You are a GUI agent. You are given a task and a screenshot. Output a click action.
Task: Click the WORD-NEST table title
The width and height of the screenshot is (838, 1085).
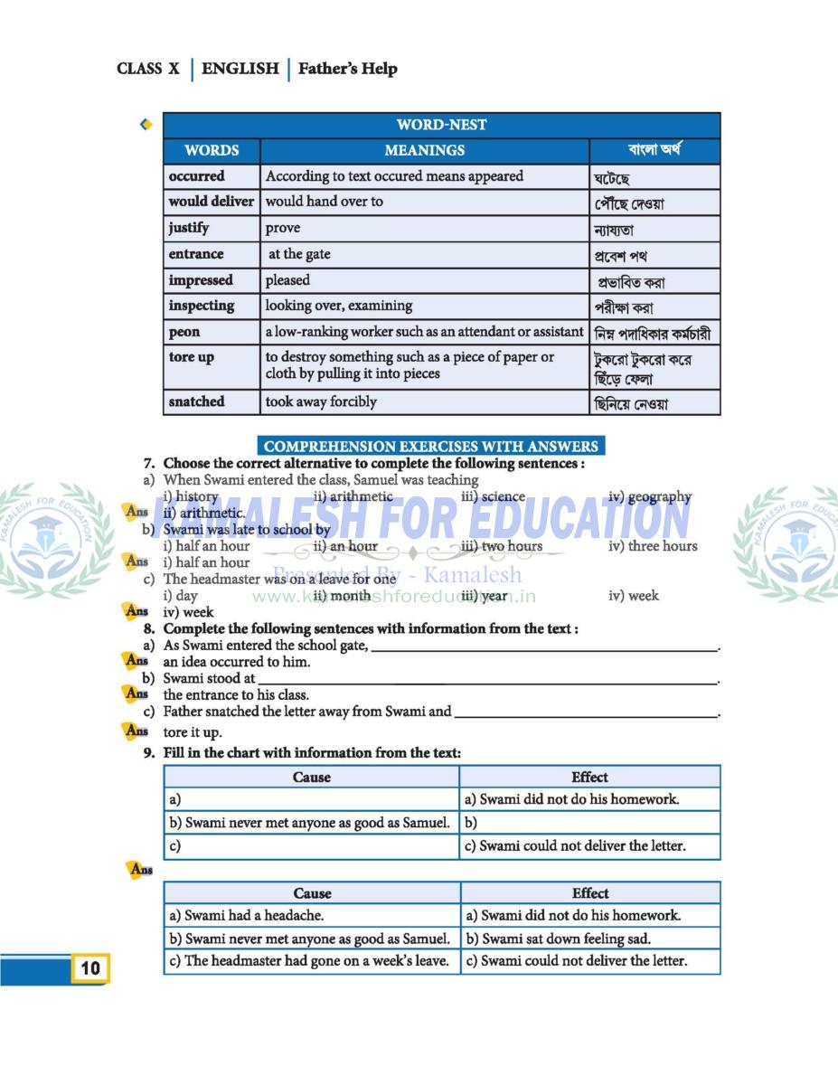tap(441, 125)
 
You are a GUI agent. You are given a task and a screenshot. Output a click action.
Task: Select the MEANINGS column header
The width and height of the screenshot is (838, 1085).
tap(424, 150)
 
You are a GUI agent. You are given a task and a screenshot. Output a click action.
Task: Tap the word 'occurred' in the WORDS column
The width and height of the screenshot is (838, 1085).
tap(196, 176)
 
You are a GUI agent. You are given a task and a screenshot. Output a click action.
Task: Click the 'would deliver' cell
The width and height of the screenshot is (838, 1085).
tap(211, 202)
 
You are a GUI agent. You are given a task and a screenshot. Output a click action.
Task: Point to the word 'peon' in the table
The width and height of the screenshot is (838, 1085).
tap(184, 332)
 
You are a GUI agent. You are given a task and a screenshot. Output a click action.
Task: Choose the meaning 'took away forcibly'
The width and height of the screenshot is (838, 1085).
tap(321, 401)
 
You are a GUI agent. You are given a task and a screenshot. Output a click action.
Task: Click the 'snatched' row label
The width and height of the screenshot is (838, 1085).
tap(196, 401)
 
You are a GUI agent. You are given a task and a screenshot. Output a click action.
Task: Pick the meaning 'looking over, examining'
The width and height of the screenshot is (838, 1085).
tap(338, 306)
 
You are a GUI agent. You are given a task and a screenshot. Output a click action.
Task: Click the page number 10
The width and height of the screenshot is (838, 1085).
tap(90, 968)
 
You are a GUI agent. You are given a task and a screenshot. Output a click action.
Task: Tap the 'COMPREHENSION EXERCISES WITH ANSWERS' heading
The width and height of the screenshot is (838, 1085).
tap(430, 446)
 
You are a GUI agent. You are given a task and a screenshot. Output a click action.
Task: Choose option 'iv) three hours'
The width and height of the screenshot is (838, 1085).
tap(653, 546)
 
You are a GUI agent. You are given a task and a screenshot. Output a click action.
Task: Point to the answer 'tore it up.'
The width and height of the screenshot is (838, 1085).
tap(192, 732)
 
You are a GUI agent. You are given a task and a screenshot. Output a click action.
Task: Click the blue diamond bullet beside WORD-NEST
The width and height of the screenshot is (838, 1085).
tap(146, 125)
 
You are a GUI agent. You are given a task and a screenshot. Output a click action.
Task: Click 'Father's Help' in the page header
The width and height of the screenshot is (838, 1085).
tap(347, 69)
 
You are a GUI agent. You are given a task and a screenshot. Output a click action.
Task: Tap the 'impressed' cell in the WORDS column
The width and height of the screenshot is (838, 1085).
tap(201, 280)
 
